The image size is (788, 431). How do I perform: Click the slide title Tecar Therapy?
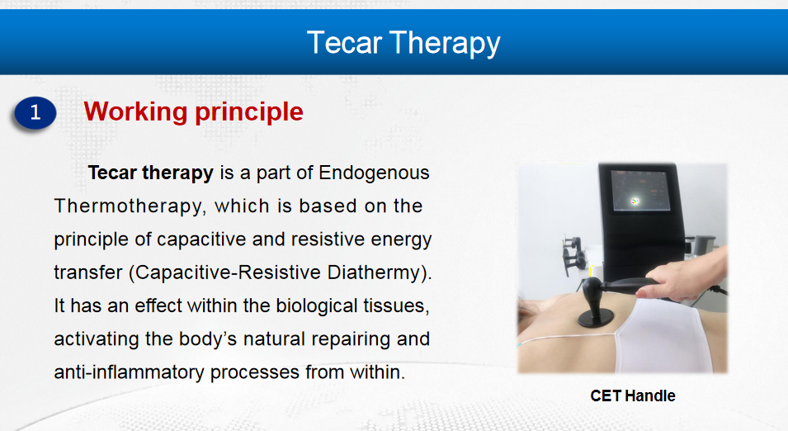pyautogui.click(x=403, y=43)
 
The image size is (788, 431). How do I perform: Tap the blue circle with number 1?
pyautogui.click(x=35, y=112)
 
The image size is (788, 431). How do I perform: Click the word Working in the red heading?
pyautogui.click(x=135, y=111)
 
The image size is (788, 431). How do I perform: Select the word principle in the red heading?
pyautogui.click(x=249, y=112)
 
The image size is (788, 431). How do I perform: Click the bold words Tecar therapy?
pyautogui.click(x=151, y=173)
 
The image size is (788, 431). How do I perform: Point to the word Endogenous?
pyautogui.click(x=374, y=173)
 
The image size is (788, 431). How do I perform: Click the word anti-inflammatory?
pyautogui.click(x=130, y=372)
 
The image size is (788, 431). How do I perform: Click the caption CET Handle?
pyautogui.click(x=633, y=395)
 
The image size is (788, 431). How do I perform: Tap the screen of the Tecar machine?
pyautogui.click(x=641, y=191)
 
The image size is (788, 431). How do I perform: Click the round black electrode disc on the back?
pyautogui.click(x=596, y=317)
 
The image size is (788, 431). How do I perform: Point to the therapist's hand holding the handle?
pyautogui.click(x=687, y=275)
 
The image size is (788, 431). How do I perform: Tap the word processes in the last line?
pyautogui.click(x=255, y=372)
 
